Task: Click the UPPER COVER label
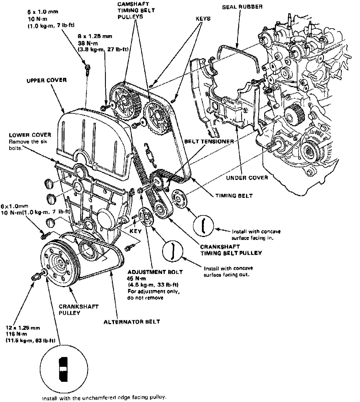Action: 46,80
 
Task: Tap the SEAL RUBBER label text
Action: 242,7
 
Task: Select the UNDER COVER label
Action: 247,177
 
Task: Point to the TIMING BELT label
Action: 234,196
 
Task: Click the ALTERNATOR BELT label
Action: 132,322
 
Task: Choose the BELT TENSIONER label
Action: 209,141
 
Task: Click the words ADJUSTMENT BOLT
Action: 155,272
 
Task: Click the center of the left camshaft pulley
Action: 125,102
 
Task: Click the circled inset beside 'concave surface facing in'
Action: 203,226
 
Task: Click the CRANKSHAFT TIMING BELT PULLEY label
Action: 231,250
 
